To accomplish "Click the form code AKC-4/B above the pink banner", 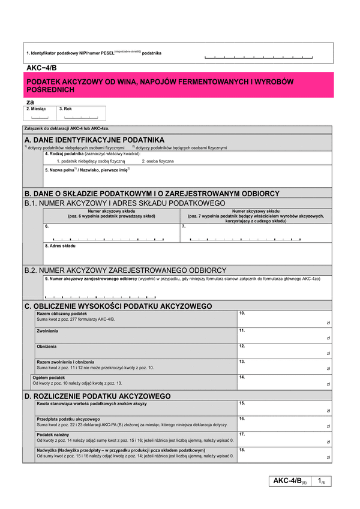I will tap(41, 68).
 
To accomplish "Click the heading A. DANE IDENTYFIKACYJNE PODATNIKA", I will tap(94, 140).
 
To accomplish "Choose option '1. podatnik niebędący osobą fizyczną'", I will tap(91, 161).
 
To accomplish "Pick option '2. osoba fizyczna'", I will tap(158, 161).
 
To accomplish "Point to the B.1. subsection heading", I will tap(125, 203).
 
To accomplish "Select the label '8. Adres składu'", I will tap(61, 246).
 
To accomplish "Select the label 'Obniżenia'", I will tap(47, 347).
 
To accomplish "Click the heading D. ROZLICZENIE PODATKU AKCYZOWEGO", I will tap(97, 396).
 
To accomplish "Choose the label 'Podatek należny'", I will tap(53, 434).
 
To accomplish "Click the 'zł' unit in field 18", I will tap(328, 457).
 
